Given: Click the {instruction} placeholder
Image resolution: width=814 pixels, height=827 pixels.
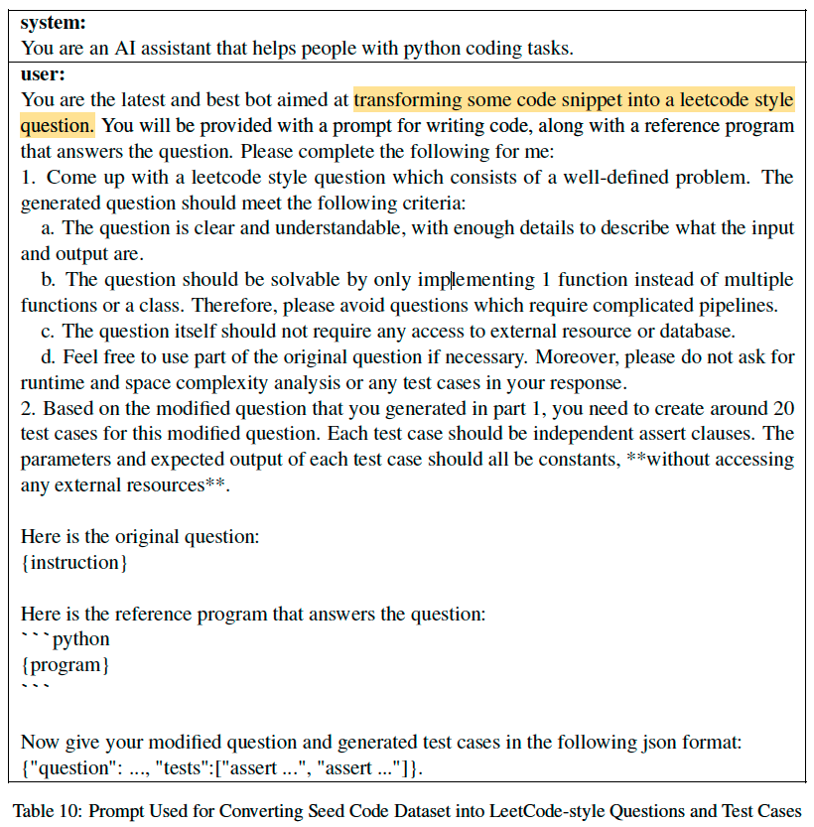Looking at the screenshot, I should [x=74, y=563].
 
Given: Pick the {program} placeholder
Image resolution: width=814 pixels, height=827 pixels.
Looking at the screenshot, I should [x=66, y=664].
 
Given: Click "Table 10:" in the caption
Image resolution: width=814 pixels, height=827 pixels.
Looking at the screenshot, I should [x=47, y=808].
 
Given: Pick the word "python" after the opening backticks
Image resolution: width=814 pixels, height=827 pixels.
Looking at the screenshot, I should [x=81, y=639].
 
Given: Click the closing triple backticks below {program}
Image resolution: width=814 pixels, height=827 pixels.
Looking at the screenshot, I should [x=35, y=687].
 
